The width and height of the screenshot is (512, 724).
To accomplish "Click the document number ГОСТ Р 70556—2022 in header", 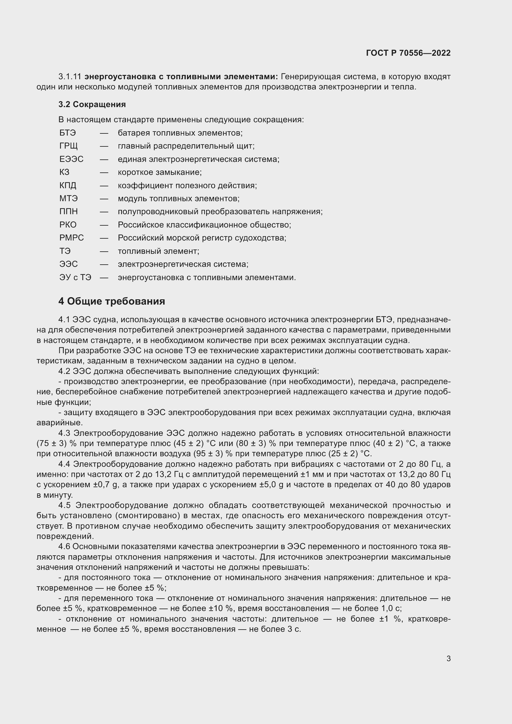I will pos(408,53).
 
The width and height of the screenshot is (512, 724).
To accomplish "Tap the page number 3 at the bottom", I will pos(448,658).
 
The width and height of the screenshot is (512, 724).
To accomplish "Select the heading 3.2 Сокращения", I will pos(92,104).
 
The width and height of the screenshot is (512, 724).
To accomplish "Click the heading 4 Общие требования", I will pos(112,301).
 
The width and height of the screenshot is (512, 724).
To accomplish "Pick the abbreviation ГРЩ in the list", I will pos(68,146).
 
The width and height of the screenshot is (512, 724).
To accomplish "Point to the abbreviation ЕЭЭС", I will pos(71,159).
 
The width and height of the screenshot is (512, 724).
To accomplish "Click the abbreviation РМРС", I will pos(72,238).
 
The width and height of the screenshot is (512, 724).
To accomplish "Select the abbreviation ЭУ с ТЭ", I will pos(75,277).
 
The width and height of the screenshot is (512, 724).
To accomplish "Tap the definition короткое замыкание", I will pos(159,172).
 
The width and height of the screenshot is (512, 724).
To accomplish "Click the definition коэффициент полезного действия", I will pos(187,185).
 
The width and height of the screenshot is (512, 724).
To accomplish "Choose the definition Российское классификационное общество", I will pos(204,225).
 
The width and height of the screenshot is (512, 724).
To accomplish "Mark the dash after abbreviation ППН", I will pos(104,212).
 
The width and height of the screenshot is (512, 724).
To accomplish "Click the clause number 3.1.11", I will pos(70,77).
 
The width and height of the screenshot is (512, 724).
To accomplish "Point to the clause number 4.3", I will pos(65,433).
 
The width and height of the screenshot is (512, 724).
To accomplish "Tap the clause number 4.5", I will pos(65,505).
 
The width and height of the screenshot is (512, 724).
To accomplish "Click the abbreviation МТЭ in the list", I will pos(68,199).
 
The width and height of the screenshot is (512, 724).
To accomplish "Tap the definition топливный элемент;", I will pos(158,251).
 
